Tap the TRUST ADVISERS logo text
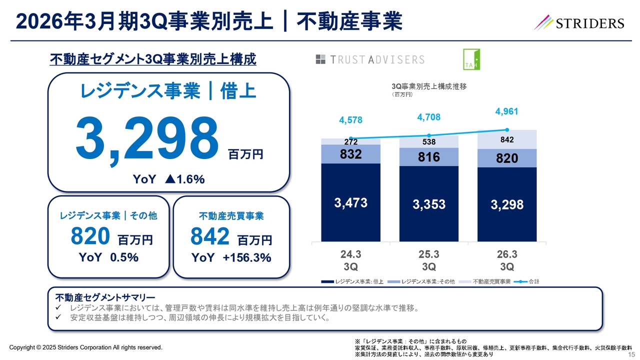370,59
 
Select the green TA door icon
471,59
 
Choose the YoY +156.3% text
231,257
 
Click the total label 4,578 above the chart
350,120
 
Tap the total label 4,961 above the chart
506,111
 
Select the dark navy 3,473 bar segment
350,202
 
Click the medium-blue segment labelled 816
428,157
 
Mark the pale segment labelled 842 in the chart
507,140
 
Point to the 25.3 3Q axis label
428,260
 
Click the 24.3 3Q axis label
350,260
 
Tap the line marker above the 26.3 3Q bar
507,129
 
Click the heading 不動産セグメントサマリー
105,297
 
